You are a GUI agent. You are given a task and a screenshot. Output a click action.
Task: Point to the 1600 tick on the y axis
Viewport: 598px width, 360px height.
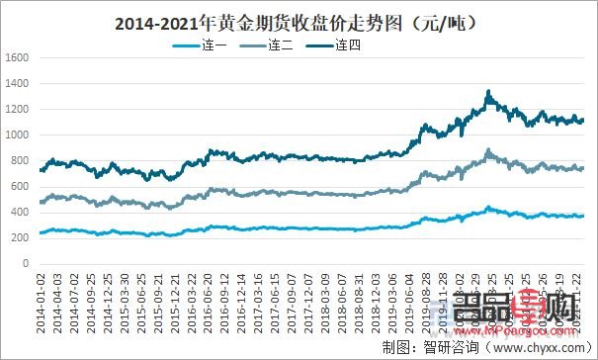coord(17,57)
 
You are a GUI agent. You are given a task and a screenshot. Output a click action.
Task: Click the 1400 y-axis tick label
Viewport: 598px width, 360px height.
coord(17,83)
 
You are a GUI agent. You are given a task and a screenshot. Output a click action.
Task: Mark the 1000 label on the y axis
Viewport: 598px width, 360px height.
coord(17,135)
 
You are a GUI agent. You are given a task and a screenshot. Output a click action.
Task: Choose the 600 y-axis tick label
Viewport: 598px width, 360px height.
coord(20,186)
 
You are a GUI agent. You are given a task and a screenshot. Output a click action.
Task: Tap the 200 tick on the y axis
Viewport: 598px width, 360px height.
coord(20,238)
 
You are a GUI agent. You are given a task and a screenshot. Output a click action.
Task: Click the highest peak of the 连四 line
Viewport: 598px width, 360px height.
coord(488,91)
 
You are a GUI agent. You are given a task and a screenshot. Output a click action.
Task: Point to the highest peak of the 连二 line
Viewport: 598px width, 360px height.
coord(488,149)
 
